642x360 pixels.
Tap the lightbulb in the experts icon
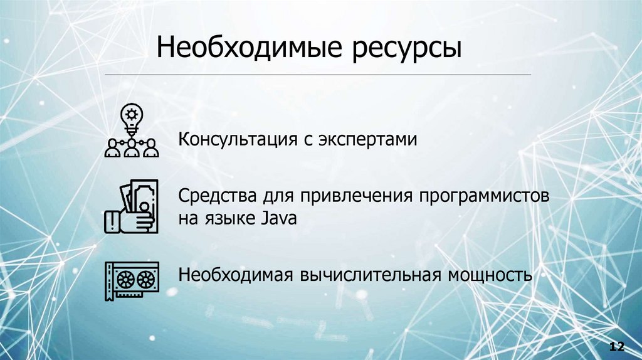[131, 117]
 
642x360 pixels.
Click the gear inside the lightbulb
[131, 114]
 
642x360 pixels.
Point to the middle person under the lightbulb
[131, 148]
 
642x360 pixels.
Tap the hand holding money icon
[130, 207]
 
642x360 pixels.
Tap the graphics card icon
[130, 278]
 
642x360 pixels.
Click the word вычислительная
[369, 275]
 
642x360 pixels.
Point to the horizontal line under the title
[317, 75]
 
